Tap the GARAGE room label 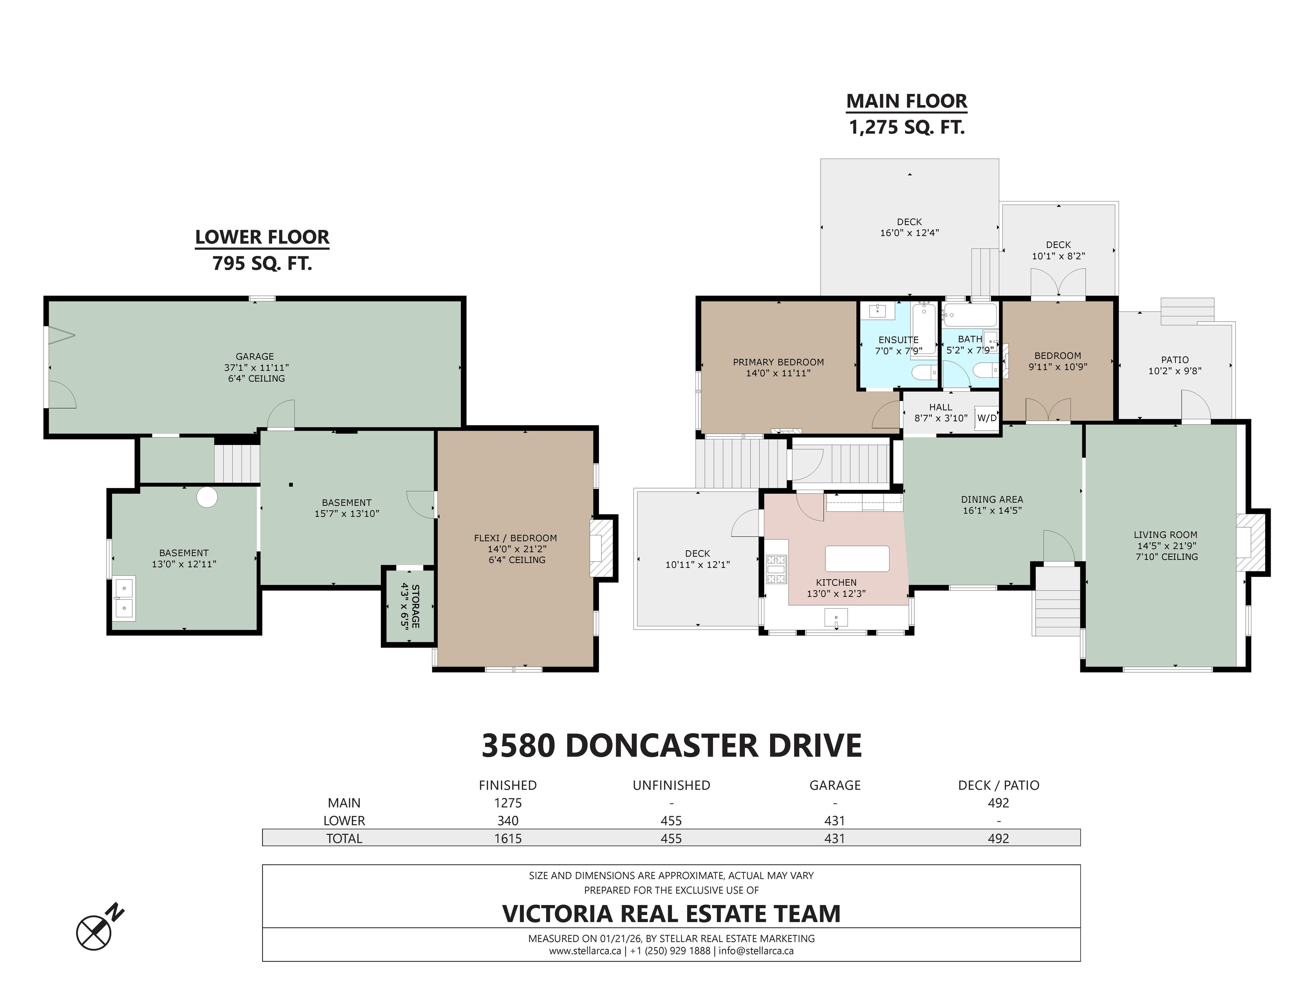[x=255, y=356]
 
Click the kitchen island [x=857, y=558]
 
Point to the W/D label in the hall [x=987, y=418]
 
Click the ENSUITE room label [x=898, y=340]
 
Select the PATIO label [x=1174, y=359]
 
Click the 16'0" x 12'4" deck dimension [x=909, y=233]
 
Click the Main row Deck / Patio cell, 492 [x=998, y=803]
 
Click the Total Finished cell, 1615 [x=508, y=839]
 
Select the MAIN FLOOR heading [x=906, y=101]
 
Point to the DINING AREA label [x=991, y=499]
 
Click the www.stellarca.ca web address [x=584, y=951]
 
